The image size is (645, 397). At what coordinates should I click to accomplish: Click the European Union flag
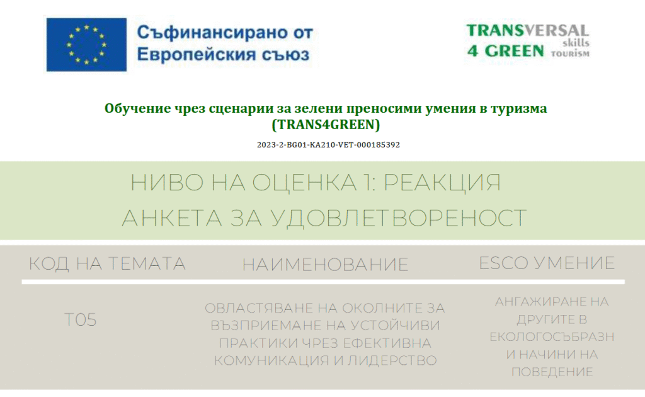(86, 45)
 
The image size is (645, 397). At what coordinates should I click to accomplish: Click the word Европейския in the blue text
(197, 54)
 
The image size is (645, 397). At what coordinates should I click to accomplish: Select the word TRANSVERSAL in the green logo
(527, 30)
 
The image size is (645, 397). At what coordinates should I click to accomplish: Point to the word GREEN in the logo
(514, 51)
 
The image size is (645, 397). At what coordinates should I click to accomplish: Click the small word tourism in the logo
(570, 54)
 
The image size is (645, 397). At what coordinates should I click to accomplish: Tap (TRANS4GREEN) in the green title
(326, 124)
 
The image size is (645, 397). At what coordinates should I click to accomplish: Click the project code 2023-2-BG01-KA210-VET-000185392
(328, 145)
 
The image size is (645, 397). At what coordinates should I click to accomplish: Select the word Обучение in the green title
(137, 108)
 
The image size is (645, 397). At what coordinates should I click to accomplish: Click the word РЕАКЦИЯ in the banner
(442, 182)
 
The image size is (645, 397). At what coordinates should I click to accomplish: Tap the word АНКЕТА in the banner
(172, 218)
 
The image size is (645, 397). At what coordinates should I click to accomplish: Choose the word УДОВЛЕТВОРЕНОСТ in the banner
(398, 218)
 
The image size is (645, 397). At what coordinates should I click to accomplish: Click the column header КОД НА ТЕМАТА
(107, 263)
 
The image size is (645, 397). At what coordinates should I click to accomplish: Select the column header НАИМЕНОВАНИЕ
(325, 265)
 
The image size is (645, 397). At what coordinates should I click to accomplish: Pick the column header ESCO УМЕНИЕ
(547, 263)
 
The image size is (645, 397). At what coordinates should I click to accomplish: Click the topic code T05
(81, 319)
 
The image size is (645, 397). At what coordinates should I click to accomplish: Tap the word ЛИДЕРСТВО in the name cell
(392, 361)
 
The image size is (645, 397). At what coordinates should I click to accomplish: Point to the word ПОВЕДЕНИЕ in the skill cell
(552, 372)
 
